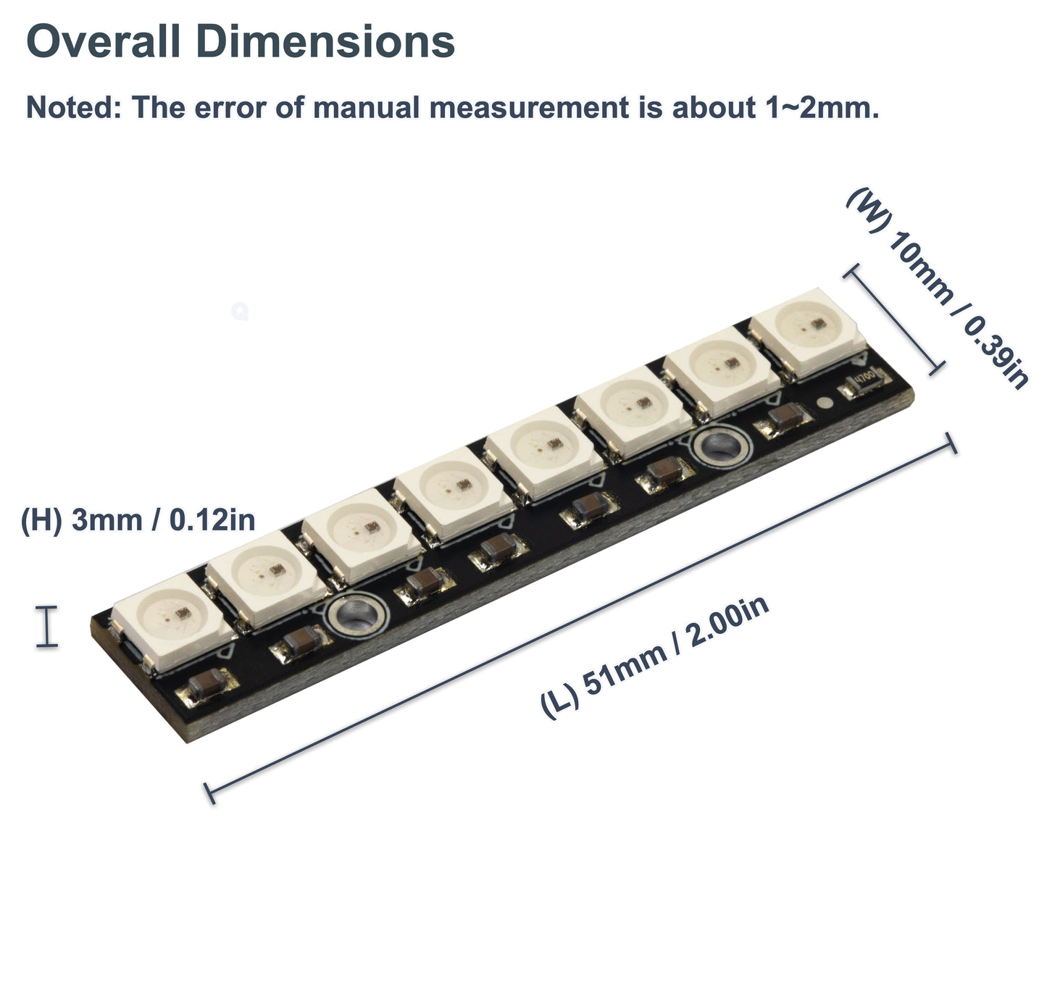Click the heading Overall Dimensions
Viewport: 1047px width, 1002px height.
(240, 41)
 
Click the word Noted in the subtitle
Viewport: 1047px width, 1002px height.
(71, 107)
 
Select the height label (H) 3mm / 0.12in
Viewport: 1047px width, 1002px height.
(138, 520)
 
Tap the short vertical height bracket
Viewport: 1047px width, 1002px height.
(47, 626)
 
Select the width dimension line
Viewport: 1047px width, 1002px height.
(894, 319)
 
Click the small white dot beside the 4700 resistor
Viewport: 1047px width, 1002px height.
(824, 404)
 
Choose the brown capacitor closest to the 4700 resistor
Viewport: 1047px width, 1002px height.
(785, 418)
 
